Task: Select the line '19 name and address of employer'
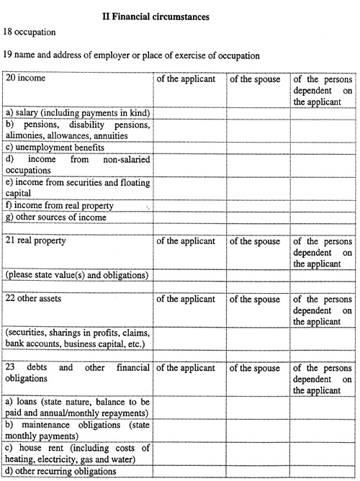[132, 55]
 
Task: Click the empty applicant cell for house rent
[189, 454]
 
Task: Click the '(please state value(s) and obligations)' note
[76, 275]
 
